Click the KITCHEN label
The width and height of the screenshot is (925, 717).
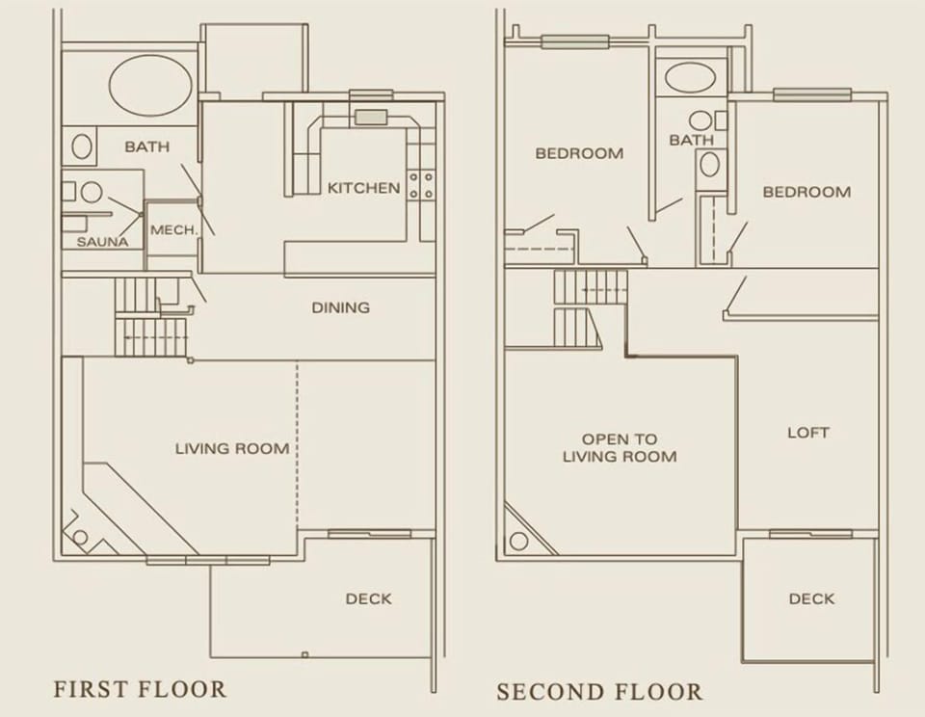coord(363,188)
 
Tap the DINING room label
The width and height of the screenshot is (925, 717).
coord(340,307)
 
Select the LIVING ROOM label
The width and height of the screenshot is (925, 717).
coord(232,448)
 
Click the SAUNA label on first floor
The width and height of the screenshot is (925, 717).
coord(102,241)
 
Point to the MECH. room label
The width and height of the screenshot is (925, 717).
coord(173,230)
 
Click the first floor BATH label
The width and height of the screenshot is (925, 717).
coord(146,147)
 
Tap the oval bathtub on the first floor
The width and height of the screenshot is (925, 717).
coord(147,86)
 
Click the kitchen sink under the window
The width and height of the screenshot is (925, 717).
coord(370,118)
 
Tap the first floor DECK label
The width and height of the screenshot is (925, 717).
coord(368,598)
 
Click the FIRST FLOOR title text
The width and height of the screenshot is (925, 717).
coord(140,689)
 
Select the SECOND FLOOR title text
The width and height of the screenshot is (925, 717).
coord(599,691)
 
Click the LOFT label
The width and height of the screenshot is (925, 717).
coord(807,433)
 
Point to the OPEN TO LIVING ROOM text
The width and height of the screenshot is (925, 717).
coord(620,447)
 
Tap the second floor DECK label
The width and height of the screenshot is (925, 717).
coord(811,598)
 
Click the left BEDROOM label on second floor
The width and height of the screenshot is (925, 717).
coord(579,152)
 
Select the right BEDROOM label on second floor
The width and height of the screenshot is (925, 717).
coord(806,192)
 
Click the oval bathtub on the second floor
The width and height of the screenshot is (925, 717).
coord(690,78)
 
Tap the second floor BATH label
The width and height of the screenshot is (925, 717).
coord(691,140)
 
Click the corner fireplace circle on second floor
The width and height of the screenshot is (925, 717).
coord(518,541)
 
